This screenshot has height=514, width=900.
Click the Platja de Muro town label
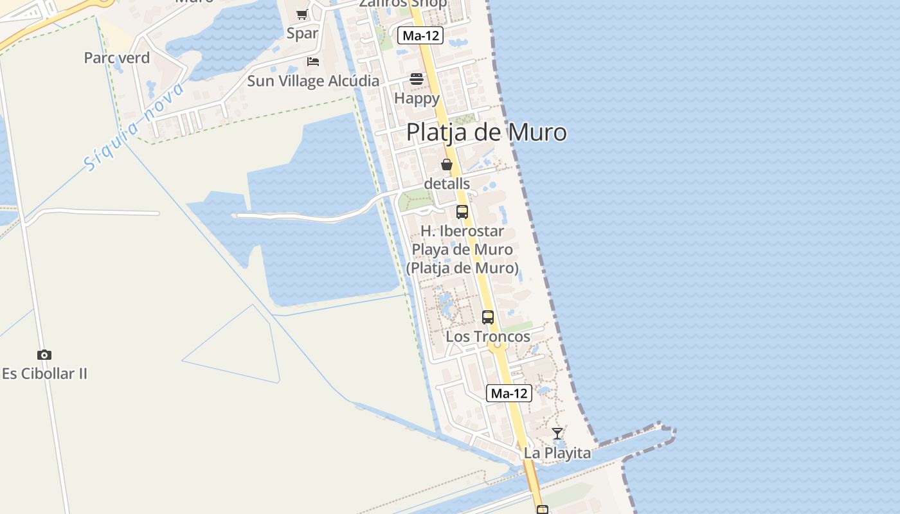pos(487,132)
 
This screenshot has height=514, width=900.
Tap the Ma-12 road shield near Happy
pos(420,35)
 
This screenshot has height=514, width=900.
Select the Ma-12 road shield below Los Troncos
pos(509,393)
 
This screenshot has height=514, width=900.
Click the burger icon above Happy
pos(417,79)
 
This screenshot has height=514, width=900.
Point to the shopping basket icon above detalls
pos(447,164)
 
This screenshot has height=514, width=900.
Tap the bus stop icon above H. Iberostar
pos(462,211)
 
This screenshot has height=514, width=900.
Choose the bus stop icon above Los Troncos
pos(488,317)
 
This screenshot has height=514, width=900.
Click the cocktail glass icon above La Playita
pos(557,434)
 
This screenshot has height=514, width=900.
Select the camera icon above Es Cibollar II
pos(44,355)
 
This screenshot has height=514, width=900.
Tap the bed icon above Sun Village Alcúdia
pos(313,62)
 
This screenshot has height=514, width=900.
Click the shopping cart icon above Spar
pos(301,14)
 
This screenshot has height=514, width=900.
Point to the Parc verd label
pos(117,58)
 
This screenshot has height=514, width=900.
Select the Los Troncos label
pos(488,336)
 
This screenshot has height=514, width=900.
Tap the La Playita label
pos(557,453)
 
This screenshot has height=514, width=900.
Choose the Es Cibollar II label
pos(44,373)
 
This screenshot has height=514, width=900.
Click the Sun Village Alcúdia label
pos(313,81)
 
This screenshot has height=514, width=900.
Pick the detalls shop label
pos(447,183)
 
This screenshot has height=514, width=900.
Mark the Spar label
pos(302,33)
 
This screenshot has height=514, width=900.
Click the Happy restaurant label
pos(417,98)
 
